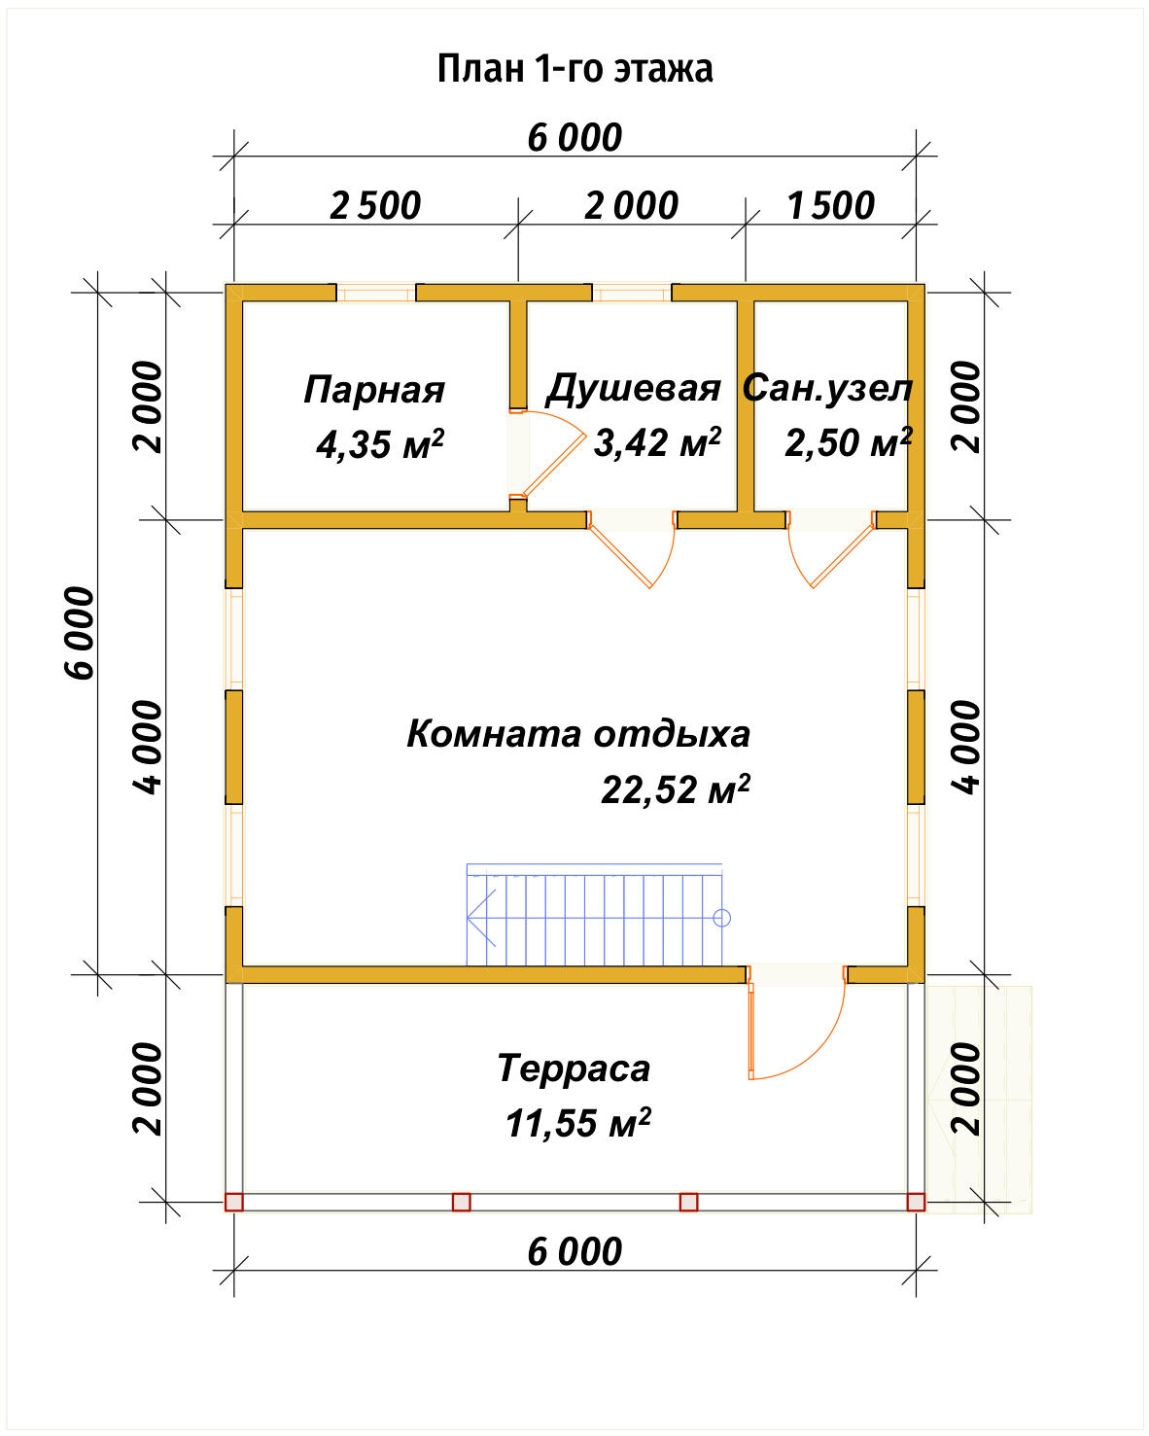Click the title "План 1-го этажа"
[x=574, y=69]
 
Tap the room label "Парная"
[x=374, y=390]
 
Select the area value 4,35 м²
[x=380, y=444]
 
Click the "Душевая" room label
[x=633, y=388]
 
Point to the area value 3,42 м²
[x=657, y=442]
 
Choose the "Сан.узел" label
[x=828, y=388]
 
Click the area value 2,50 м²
[x=848, y=442]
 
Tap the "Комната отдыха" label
[x=578, y=733]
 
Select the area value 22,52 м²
[x=676, y=788]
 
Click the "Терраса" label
[x=574, y=1068]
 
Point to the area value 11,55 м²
[x=577, y=1123]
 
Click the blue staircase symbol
[x=595, y=916]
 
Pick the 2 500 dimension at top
[x=375, y=206]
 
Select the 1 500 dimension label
[x=830, y=206]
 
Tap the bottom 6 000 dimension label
[x=574, y=1251]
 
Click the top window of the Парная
[x=376, y=293]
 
